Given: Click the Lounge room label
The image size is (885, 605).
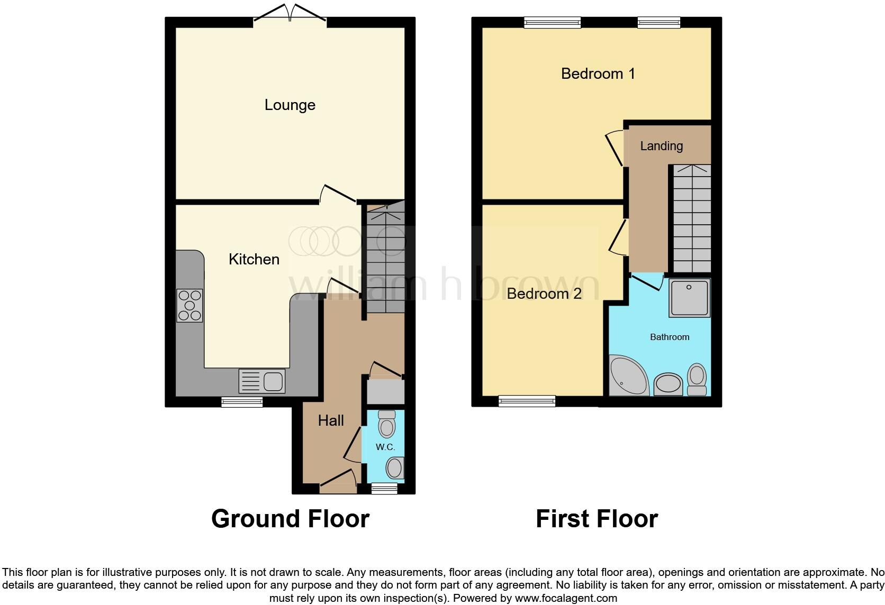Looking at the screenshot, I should coord(290,105).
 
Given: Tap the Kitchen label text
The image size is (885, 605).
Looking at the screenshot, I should coord(254,259).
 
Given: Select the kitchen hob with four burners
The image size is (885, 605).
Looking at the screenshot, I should coord(189,306).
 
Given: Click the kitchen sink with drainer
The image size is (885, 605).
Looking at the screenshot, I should coord(262,381).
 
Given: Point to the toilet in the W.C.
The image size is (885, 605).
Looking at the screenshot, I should coord(387,424).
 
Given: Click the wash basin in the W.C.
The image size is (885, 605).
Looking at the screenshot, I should coord(394,468).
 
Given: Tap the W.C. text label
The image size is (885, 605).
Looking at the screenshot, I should coord(385,447).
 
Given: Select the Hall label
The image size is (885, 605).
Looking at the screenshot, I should coord(331,420).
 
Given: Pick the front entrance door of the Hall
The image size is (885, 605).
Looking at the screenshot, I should coord(338,481).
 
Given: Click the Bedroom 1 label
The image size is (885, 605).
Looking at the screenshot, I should coord(598,74).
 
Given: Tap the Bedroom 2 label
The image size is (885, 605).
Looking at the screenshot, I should coord(544,294).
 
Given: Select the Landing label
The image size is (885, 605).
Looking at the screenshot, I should coord(661,146).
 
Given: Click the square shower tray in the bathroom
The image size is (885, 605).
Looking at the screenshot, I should coord(689,298).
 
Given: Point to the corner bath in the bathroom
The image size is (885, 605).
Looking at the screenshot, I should coord(627,377).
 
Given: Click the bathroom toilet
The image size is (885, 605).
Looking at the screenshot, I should coord(697,380).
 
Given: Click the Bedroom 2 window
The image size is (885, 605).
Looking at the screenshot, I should coord(527,401).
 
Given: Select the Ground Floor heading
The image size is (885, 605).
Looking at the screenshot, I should coord(290,519).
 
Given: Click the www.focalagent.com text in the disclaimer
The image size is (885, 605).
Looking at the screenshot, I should coord(565,599).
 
